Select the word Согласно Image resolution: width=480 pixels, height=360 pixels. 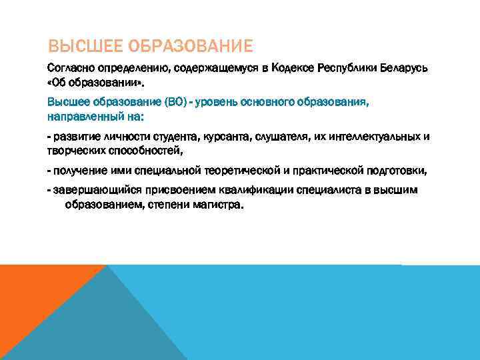coord(70,69)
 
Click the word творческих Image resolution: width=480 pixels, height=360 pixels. coord(76,149)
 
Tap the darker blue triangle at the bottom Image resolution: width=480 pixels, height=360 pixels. coord(100,327)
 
